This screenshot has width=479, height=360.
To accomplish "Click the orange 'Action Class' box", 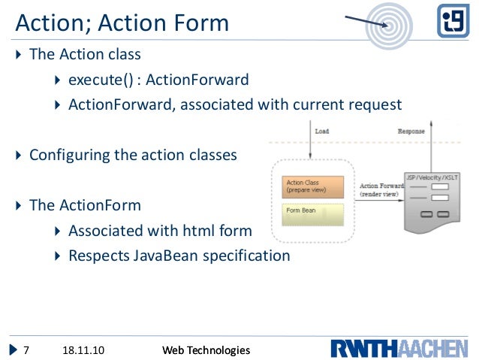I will [313, 186].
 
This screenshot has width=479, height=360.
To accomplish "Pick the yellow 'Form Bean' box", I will [313, 211].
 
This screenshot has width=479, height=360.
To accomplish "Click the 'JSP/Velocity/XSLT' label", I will [432, 177].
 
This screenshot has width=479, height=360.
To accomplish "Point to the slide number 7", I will [26, 350].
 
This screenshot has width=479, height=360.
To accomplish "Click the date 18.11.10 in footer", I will [82, 350].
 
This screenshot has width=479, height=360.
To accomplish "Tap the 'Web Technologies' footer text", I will [206, 350].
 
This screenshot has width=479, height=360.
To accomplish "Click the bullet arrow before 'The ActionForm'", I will [20, 206].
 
